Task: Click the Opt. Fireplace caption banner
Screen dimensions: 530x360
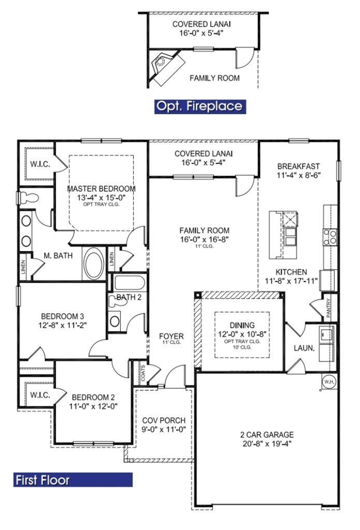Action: coord(199,106)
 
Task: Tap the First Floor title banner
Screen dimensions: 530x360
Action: coord(73,480)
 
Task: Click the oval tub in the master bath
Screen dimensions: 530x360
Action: coord(94,264)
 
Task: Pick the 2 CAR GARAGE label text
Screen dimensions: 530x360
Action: coord(267,435)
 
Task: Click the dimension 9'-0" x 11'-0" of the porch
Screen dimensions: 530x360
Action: coord(164,429)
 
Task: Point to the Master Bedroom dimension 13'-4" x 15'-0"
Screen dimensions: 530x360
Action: coord(101,197)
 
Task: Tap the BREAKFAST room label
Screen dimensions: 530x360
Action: coord(298,166)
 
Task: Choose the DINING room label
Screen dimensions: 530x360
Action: coord(242,325)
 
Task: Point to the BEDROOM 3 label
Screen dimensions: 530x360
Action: coord(63,316)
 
